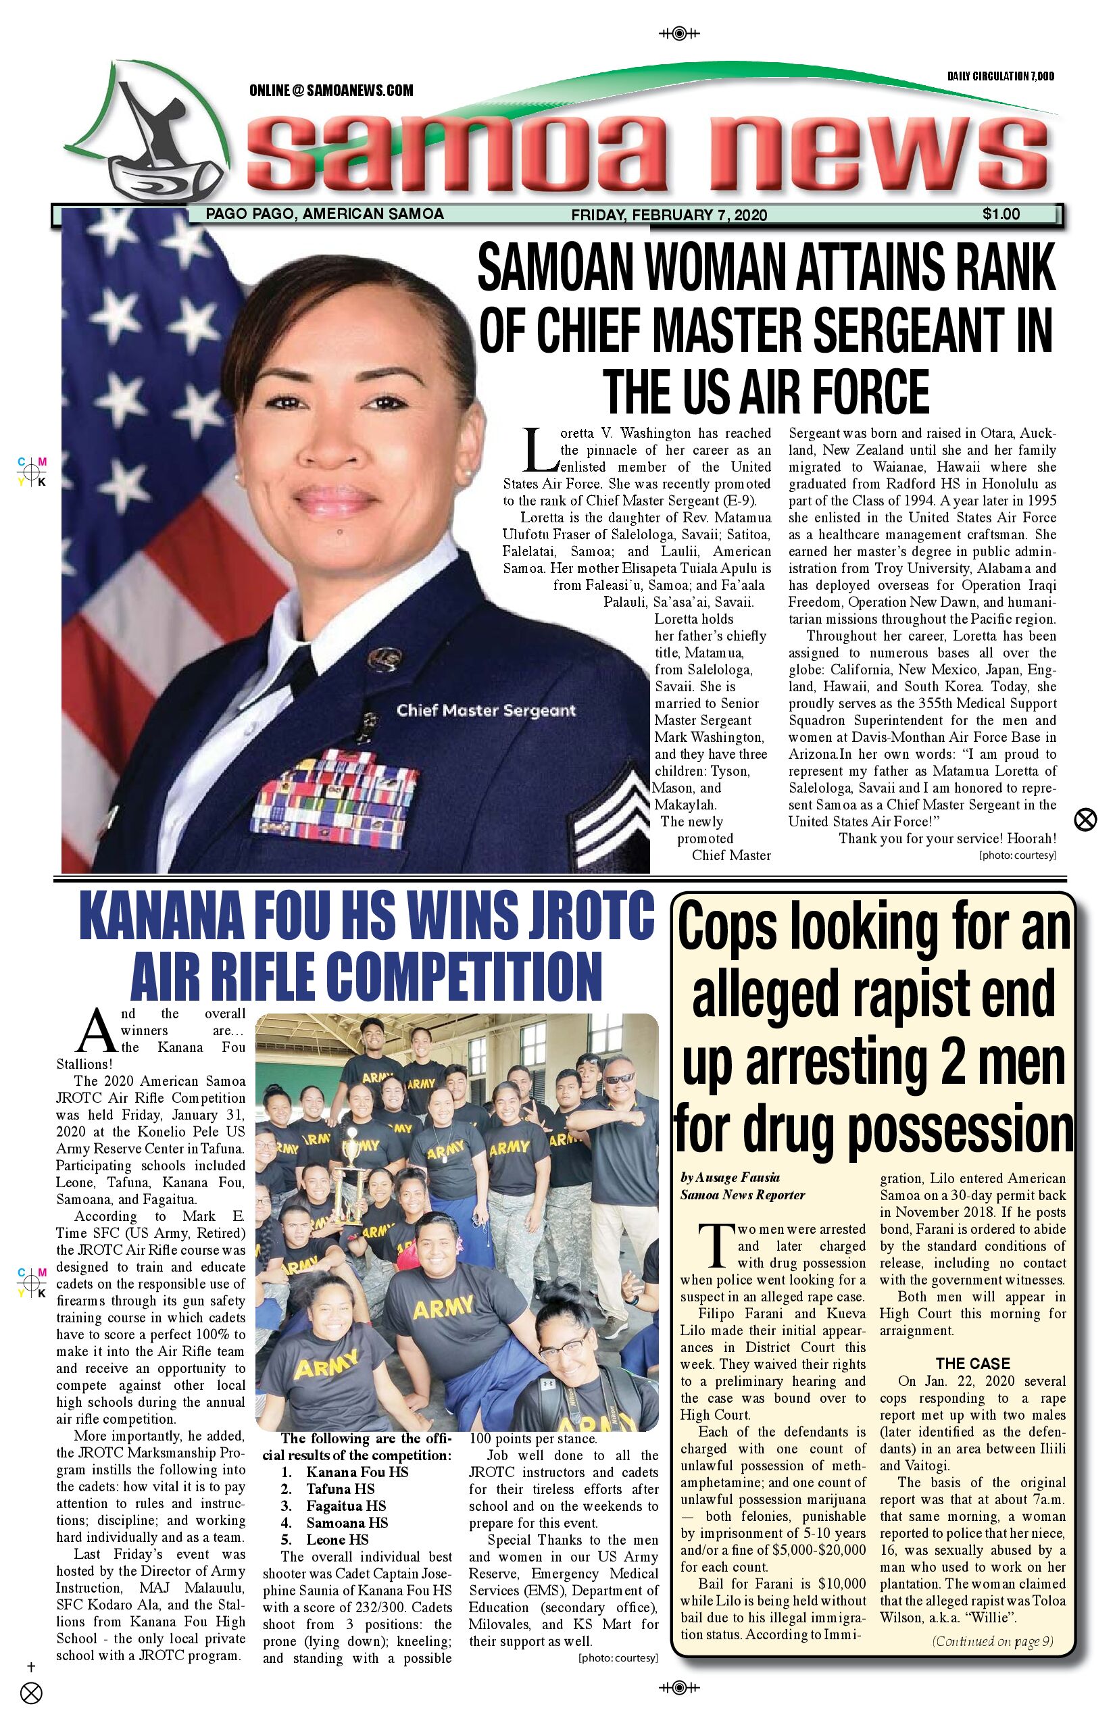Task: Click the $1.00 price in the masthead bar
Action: pyautogui.click(x=1001, y=214)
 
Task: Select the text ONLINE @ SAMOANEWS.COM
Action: pyautogui.click(x=331, y=91)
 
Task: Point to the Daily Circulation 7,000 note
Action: pyautogui.click(x=1000, y=76)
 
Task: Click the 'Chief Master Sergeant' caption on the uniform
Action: pyautogui.click(x=486, y=710)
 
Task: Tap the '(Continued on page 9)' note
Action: pyautogui.click(x=992, y=1641)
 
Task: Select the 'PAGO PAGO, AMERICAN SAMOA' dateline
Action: pyautogui.click(x=324, y=214)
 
